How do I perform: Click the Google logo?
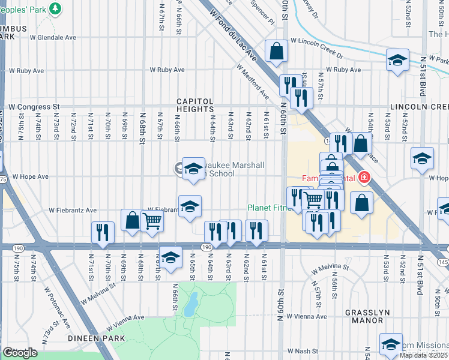tap(20, 353)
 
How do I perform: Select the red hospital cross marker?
tap(363, 178)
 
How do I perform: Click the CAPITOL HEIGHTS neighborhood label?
tap(194, 105)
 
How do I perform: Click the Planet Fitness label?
tap(268, 209)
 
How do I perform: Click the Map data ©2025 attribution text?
tap(424, 355)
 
